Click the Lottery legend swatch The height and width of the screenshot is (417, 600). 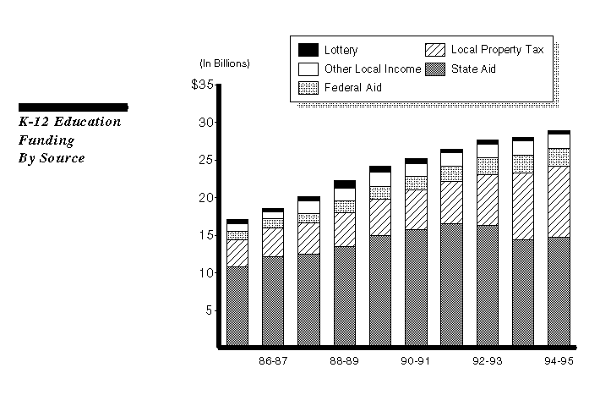coord(308,50)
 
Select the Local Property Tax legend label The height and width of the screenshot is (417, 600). coord(497,50)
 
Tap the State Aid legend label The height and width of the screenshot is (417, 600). coord(473,69)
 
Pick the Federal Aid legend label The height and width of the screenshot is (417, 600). coord(352,87)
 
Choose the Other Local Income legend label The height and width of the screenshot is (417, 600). coord(373,69)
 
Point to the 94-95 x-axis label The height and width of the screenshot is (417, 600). coord(559,361)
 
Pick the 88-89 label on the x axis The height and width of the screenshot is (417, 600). coord(344,361)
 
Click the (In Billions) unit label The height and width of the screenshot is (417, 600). coord(225,63)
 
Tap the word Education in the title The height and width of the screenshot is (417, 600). coord(90,122)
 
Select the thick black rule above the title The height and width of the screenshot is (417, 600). coord(73,107)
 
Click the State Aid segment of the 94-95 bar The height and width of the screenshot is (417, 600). coord(559,292)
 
